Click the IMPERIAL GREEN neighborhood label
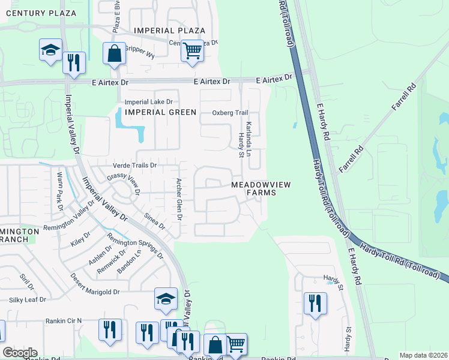coord(160,112)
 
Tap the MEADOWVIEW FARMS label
coord(261,188)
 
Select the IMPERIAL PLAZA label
coord(170,31)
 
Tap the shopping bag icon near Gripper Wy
coord(113,53)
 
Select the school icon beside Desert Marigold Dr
coord(166,299)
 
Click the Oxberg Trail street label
coord(230,113)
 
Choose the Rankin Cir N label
coord(63,321)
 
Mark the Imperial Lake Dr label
coord(148,102)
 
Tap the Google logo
coord(20,353)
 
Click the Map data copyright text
coord(423,355)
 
